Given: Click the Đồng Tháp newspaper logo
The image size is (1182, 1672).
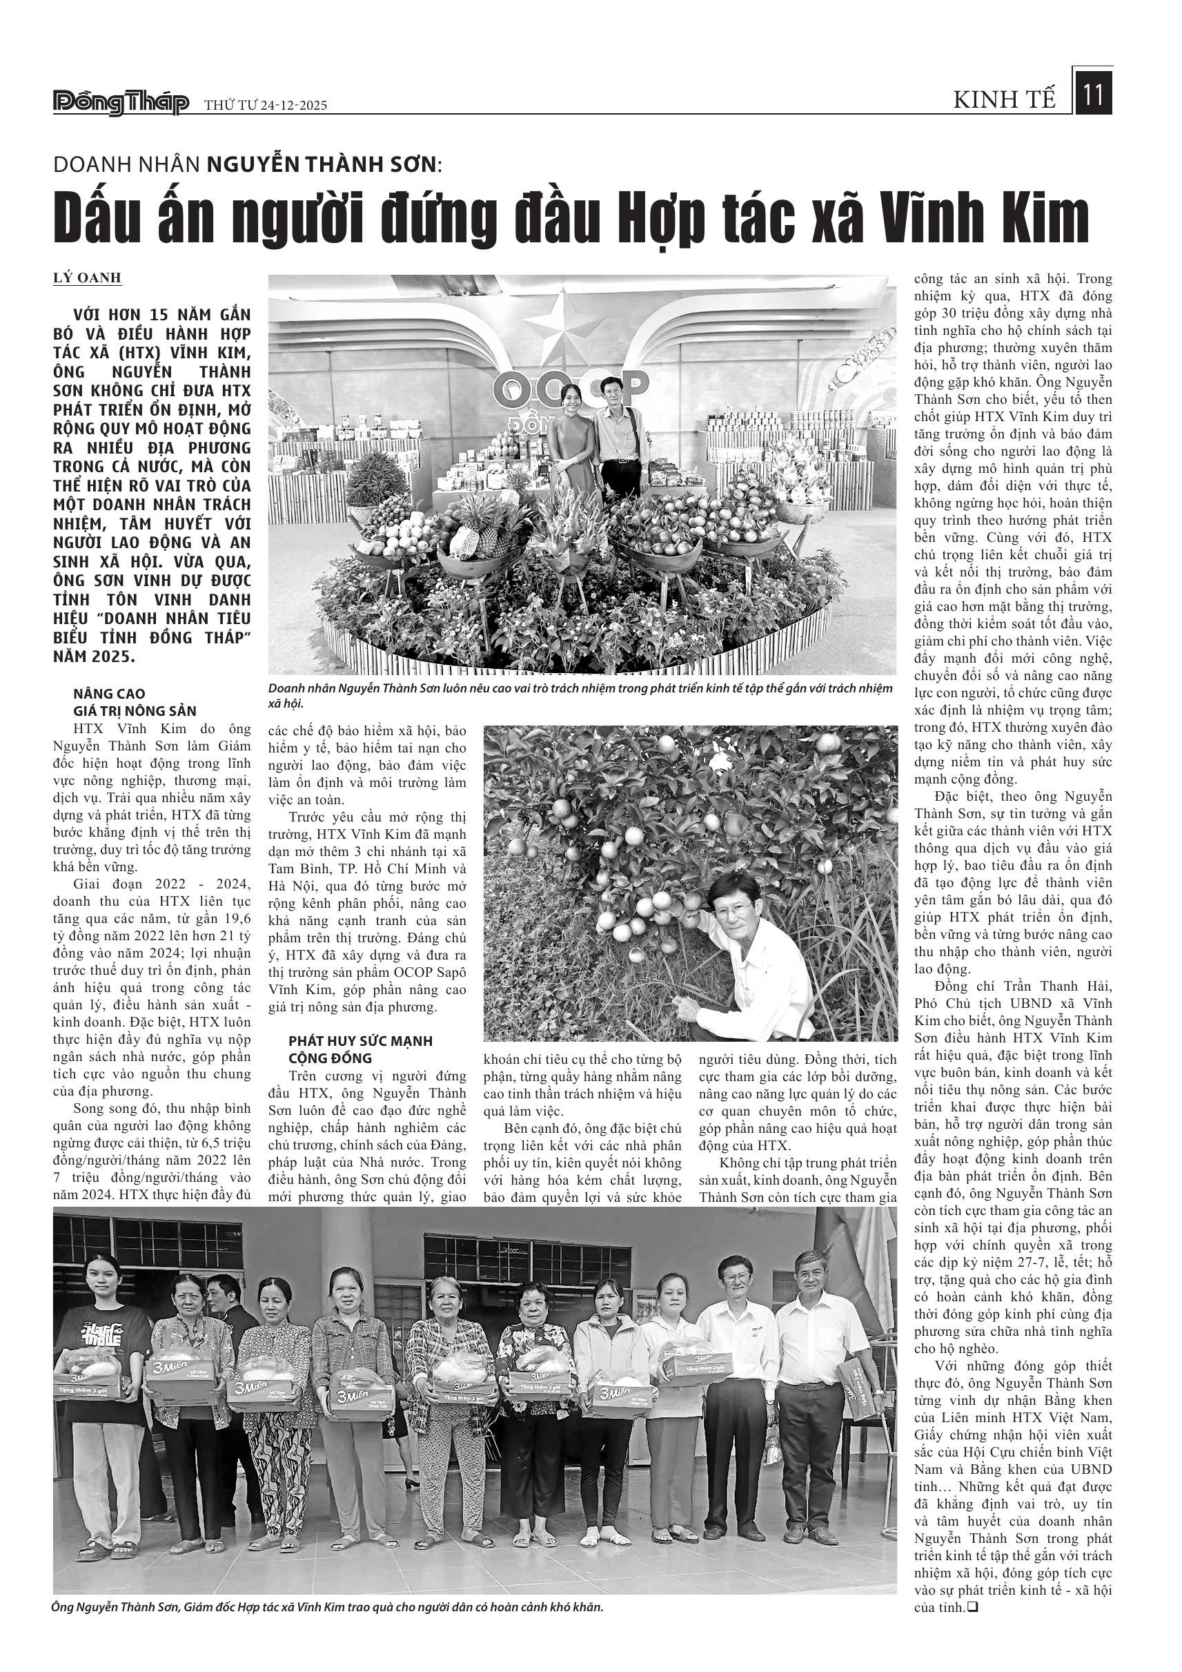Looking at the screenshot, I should (x=121, y=104).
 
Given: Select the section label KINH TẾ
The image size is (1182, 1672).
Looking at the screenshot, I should (x=1005, y=101).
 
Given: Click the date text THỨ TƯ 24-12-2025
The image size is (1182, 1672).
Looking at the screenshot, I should (x=266, y=106).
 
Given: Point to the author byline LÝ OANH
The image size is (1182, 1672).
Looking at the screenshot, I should (x=87, y=278).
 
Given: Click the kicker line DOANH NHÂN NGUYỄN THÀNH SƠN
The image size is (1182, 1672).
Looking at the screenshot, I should (x=248, y=164).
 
